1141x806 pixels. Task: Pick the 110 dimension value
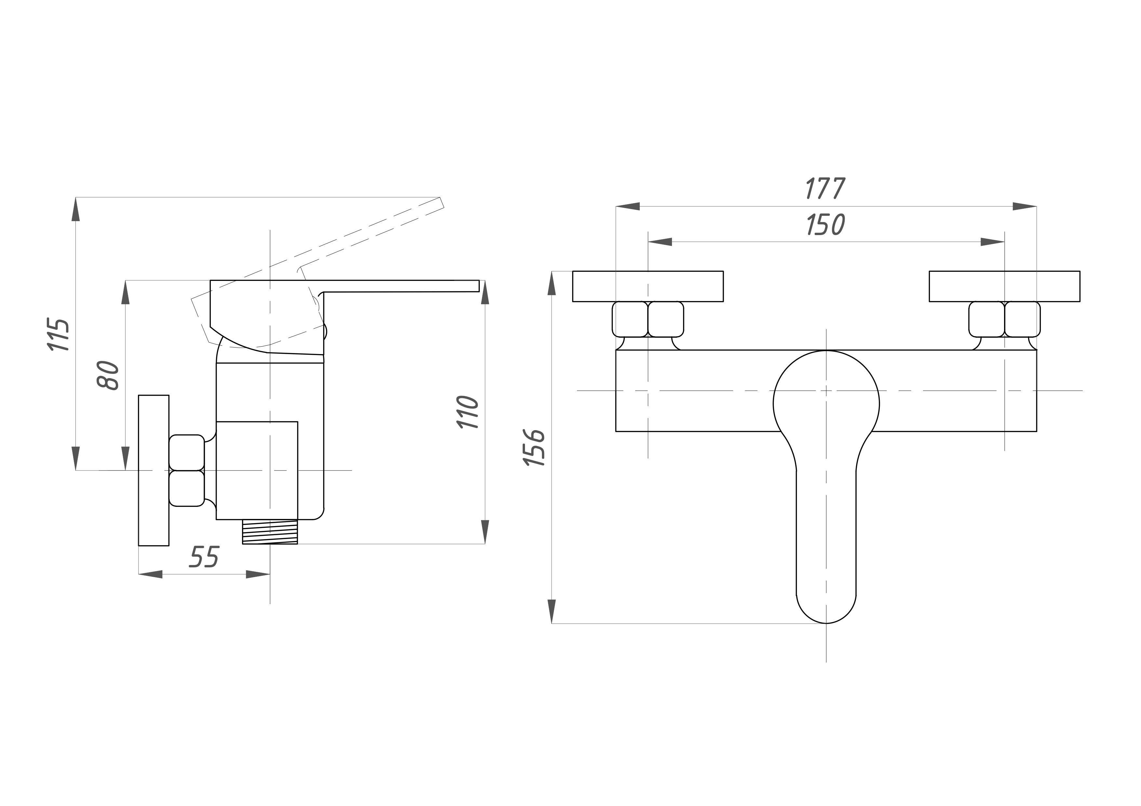[467, 412]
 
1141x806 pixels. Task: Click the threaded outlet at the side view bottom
[270, 532]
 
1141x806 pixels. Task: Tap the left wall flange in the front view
[648, 286]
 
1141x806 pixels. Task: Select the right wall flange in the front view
[1004, 286]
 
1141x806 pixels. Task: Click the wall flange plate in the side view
[154, 470]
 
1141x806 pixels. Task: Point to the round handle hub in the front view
[826, 403]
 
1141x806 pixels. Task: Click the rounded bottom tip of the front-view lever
[826, 623]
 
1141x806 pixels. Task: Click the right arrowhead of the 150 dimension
[992, 242]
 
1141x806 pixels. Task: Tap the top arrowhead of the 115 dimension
[75, 209]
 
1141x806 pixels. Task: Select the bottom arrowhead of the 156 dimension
[552, 611]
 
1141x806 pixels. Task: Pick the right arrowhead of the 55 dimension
[258, 575]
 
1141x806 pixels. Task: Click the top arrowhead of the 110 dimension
[485, 292]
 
